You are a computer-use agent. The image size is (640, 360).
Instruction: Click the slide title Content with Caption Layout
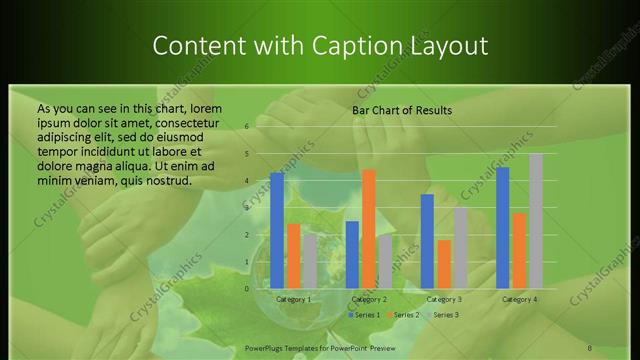click(320, 46)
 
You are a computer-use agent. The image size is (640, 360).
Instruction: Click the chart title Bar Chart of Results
click(402, 110)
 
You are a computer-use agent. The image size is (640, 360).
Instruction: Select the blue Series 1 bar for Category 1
click(277, 230)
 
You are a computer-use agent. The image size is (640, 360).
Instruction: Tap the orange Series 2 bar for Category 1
click(293, 256)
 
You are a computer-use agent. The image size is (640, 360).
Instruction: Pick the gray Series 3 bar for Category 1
click(309, 261)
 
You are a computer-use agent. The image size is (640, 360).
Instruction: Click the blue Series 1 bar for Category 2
click(352, 254)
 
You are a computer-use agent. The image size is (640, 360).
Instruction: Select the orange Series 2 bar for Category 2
click(368, 229)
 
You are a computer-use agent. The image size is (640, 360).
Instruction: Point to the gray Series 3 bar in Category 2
click(385, 261)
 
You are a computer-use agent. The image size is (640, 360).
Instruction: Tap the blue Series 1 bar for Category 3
click(427, 241)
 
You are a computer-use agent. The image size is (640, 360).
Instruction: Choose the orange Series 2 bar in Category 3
click(443, 264)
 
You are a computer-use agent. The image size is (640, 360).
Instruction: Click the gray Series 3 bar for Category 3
click(460, 248)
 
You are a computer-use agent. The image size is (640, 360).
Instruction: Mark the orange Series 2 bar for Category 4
click(519, 250)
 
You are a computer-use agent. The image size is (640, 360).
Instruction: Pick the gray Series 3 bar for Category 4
click(535, 221)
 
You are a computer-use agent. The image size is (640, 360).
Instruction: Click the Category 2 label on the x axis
click(369, 299)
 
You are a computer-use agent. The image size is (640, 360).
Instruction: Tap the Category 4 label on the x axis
click(519, 299)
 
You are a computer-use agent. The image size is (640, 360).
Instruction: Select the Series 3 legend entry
click(442, 315)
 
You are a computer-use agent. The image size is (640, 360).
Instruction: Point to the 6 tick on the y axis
click(246, 127)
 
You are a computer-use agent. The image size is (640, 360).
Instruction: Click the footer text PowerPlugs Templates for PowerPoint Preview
click(319, 347)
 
